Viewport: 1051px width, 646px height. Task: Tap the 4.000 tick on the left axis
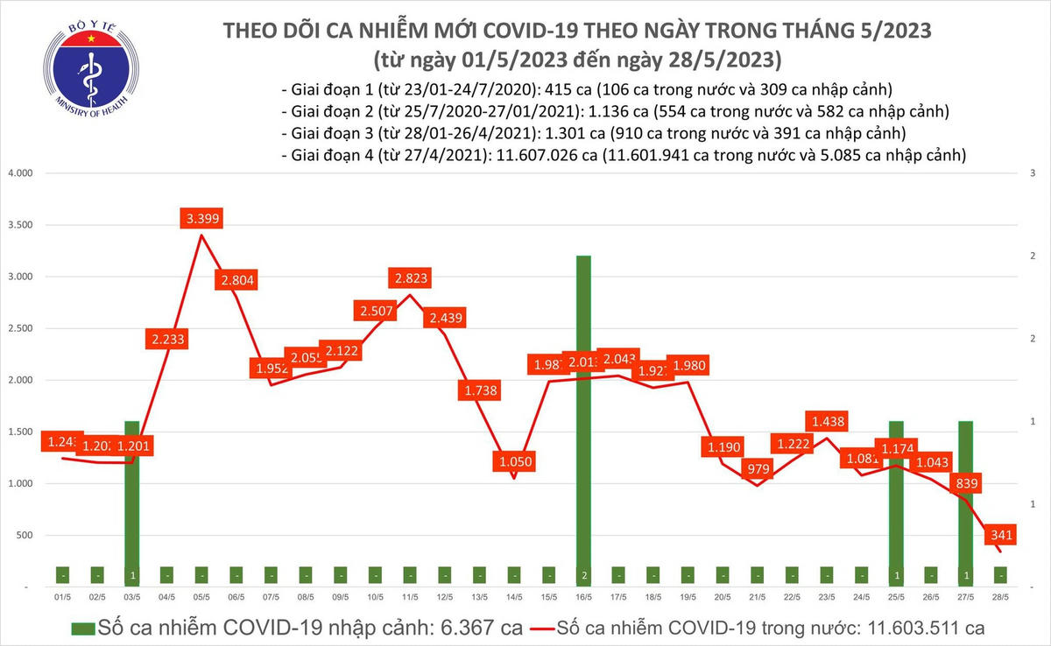pyautogui.click(x=18, y=173)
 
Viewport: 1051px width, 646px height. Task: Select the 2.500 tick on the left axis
pyautogui.click(x=18, y=328)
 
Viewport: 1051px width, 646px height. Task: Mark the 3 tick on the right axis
pyautogui.click(x=1034, y=173)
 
